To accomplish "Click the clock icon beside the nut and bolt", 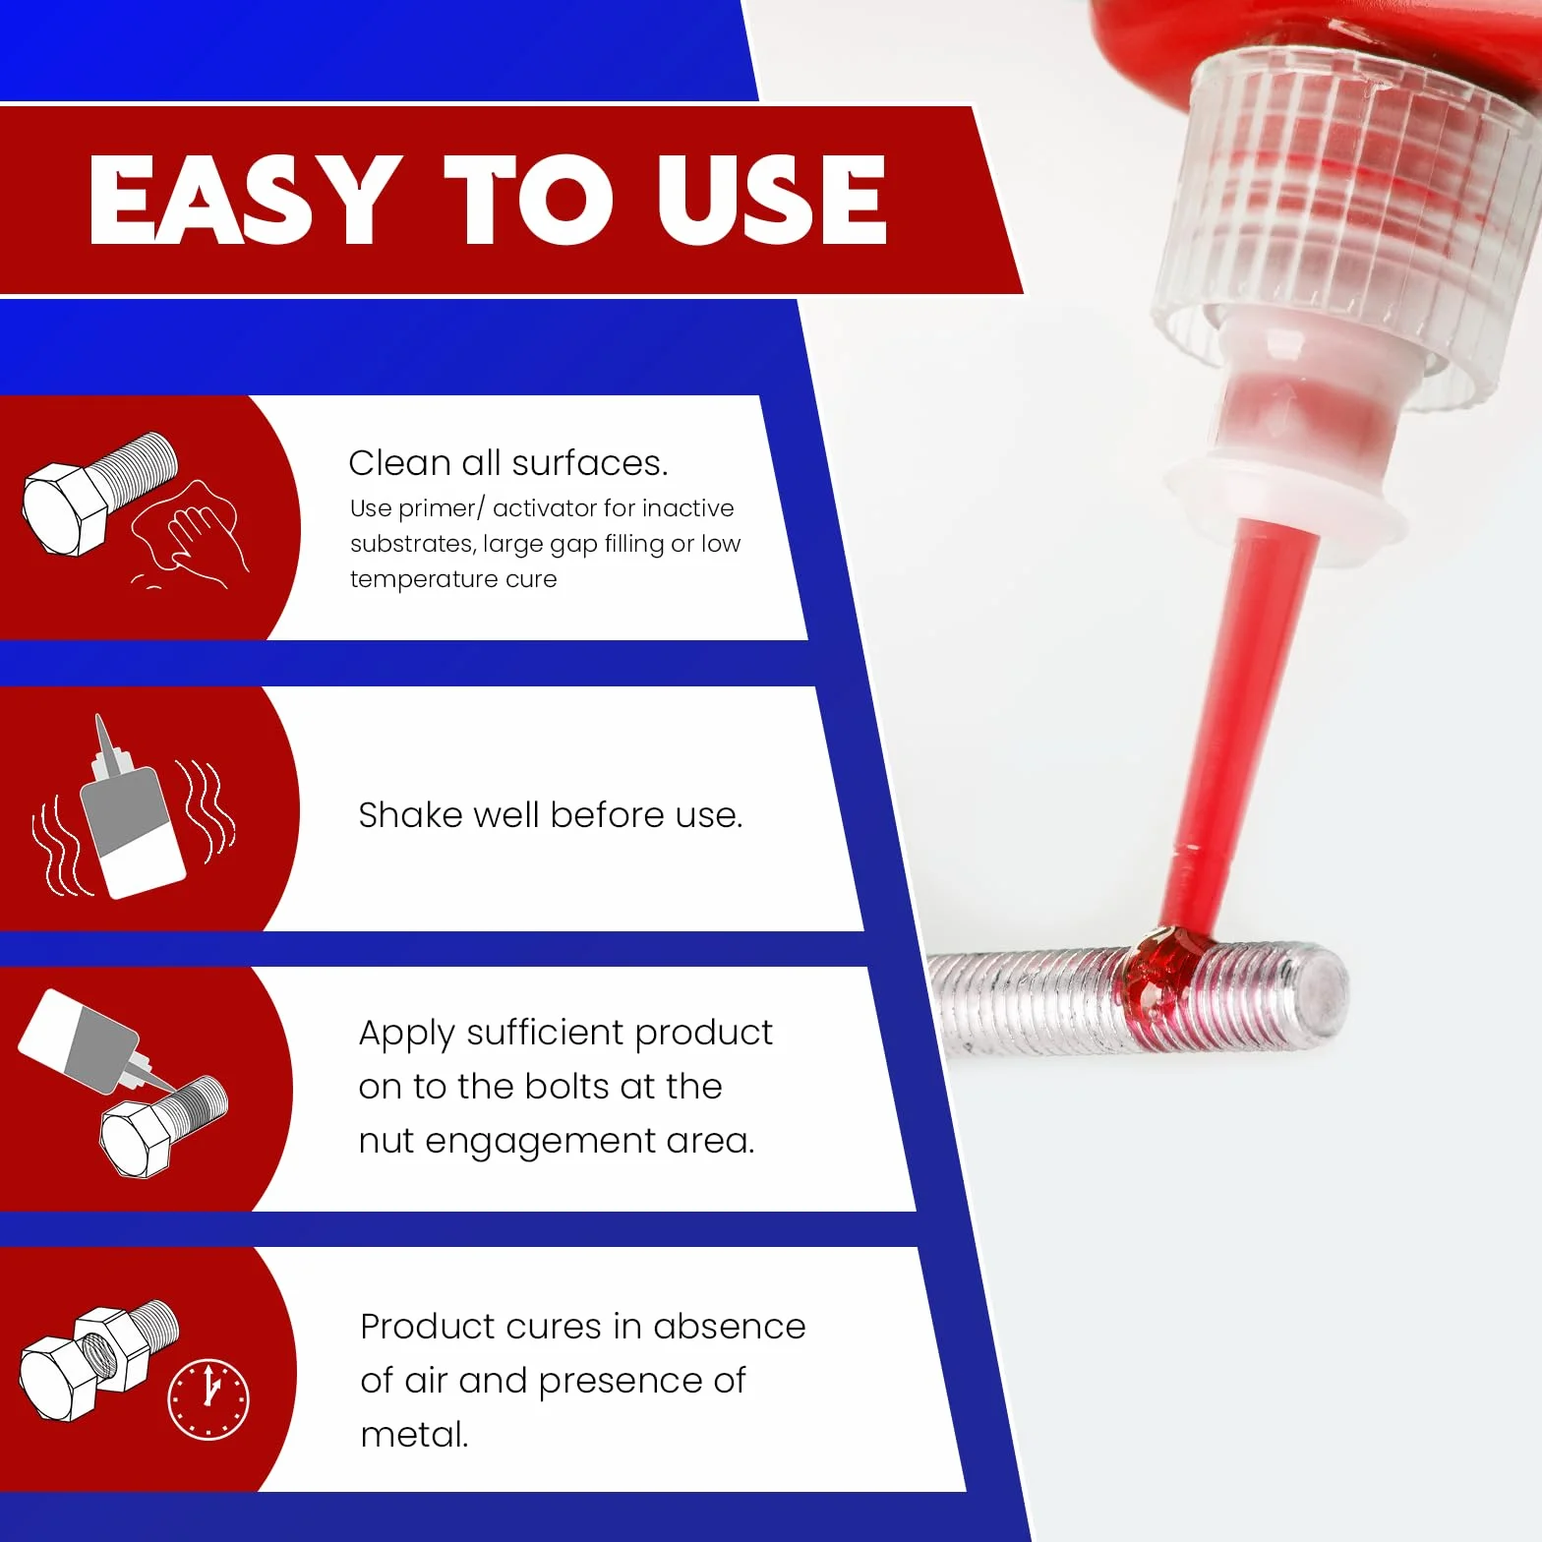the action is tap(208, 1399).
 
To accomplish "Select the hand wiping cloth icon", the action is tap(187, 536).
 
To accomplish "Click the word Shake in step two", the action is tap(413, 815).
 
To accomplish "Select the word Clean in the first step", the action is tap(400, 463).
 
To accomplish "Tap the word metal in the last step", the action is tap(413, 1435).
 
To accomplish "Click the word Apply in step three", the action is tap(406, 1035).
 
